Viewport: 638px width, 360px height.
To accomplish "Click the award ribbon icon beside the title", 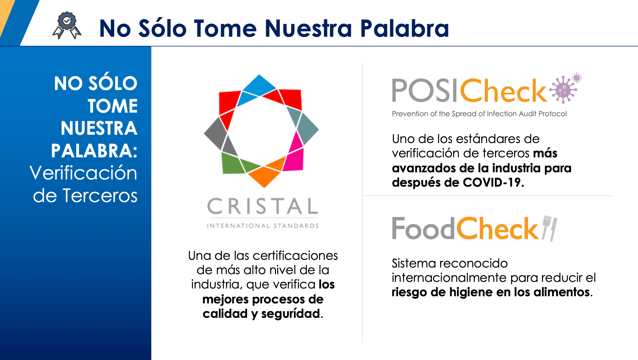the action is click(x=67, y=25).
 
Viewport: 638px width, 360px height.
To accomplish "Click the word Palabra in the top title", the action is click(x=405, y=28).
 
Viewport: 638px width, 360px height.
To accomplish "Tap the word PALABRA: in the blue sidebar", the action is click(x=94, y=151).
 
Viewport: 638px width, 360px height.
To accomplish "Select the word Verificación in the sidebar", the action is click(x=83, y=173).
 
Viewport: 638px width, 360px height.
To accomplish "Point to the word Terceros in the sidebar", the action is click(x=100, y=196).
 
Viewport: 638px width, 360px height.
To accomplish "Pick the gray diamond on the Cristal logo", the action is click(x=216, y=133).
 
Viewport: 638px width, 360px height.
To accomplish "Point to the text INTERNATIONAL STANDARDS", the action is click(x=263, y=226).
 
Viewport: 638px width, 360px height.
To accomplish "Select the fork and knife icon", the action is click(x=549, y=228).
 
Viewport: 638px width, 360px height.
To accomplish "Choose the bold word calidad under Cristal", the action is click(x=225, y=314).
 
